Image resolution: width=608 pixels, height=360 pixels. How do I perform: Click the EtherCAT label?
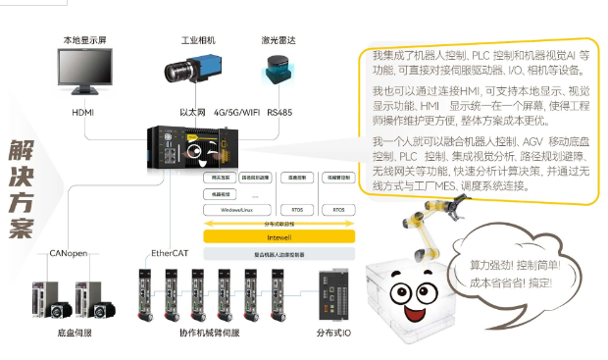click(x=169, y=253)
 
